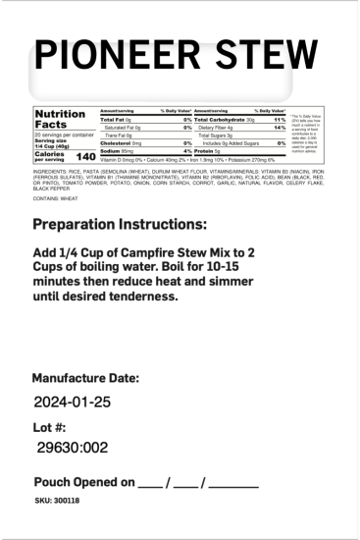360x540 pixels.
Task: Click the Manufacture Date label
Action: [85, 379]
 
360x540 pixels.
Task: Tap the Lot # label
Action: [50, 427]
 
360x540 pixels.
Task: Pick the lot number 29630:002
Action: [72, 448]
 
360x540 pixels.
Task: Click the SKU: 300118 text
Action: [57, 501]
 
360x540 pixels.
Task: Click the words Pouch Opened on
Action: [82, 482]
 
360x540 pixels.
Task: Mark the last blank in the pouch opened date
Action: [233, 483]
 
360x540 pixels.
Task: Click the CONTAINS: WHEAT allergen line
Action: [55, 197]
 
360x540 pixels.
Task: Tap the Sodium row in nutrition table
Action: [111, 150]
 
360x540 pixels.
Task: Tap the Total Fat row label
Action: [116, 119]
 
